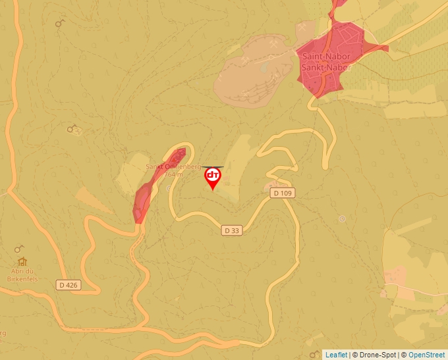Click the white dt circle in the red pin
(x=213, y=175)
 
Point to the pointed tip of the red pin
(x=213, y=190)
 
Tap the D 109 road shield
(x=281, y=193)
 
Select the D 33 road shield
(x=231, y=230)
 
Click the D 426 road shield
(x=68, y=285)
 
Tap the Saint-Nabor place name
(x=326, y=58)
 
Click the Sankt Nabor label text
(x=326, y=67)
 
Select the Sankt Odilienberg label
(x=173, y=167)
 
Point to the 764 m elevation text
(x=174, y=175)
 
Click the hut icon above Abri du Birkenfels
(x=22, y=261)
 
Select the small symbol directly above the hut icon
(x=19, y=249)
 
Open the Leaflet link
(x=336, y=355)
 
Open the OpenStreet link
(x=428, y=355)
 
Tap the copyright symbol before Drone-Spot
(x=355, y=355)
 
